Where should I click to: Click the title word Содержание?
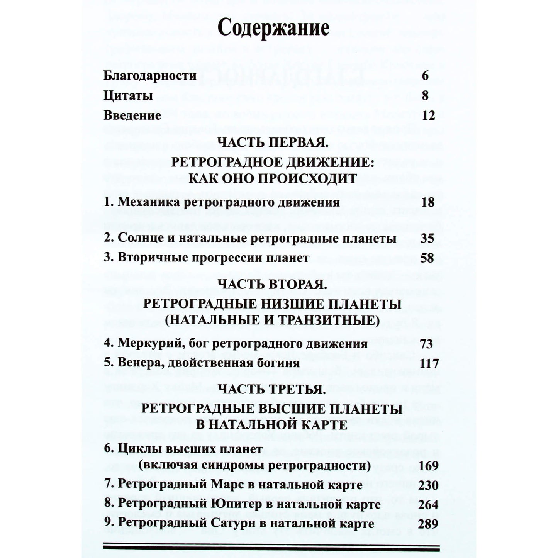point(273,28)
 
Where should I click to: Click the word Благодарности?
point(150,76)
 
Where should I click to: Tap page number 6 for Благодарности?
point(425,76)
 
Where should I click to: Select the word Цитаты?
point(128,96)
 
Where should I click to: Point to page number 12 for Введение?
point(429,115)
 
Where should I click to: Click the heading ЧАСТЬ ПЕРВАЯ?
point(273,142)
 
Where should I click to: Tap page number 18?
point(428,202)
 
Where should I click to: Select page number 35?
point(427,238)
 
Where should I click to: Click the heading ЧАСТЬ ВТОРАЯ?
point(273,285)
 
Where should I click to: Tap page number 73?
point(426,344)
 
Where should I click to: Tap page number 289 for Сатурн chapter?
point(428,524)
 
